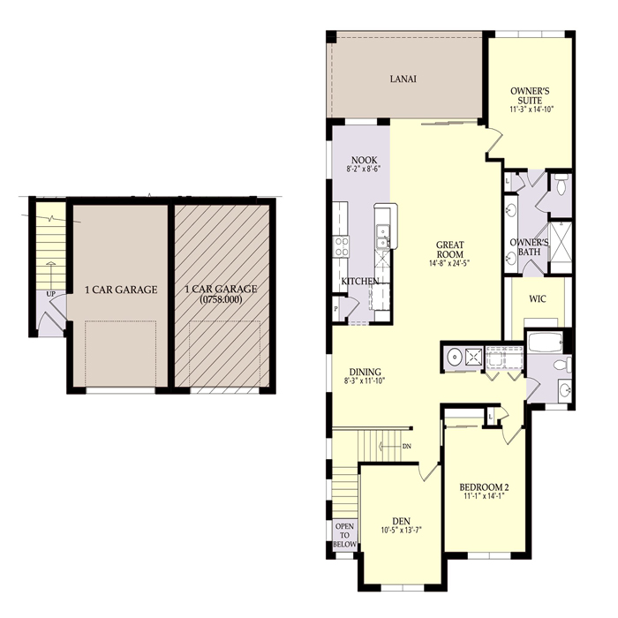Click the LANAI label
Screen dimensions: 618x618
[403, 79]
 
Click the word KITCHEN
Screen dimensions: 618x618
[360, 282]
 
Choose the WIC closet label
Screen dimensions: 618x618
[537, 298]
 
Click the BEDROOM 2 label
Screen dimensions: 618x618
[484, 487]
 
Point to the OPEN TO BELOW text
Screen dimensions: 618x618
[344, 536]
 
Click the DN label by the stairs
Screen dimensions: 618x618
[407, 447]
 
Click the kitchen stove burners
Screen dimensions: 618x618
[342, 244]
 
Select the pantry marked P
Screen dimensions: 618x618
[336, 310]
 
